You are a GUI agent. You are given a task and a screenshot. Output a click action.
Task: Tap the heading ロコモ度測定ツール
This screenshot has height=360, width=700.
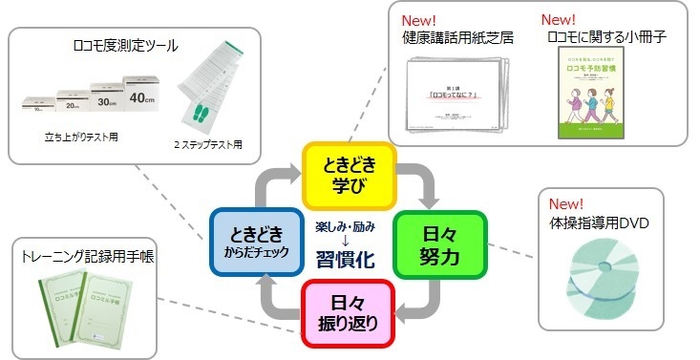[x=125, y=45]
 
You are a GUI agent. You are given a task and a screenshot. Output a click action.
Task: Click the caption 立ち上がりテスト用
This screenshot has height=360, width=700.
[x=81, y=138]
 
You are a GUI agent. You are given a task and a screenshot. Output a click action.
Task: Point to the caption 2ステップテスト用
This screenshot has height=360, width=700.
[x=211, y=145]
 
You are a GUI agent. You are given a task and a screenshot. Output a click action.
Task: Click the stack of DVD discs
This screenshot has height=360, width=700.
[x=601, y=277]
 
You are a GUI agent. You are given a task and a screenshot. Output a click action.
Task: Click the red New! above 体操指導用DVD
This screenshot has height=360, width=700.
[x=564, y=203]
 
